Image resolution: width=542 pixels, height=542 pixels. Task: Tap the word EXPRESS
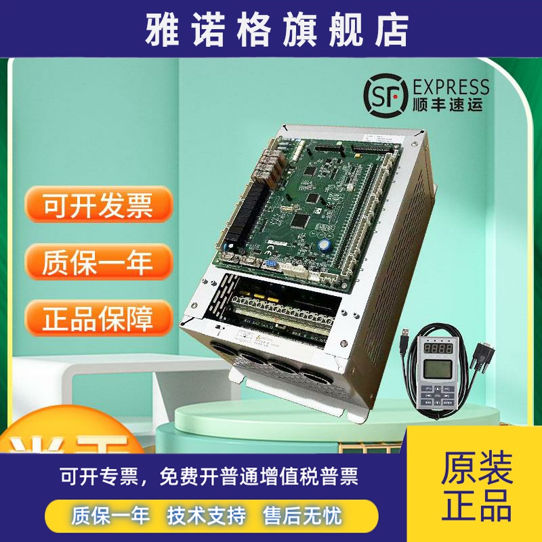450,87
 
